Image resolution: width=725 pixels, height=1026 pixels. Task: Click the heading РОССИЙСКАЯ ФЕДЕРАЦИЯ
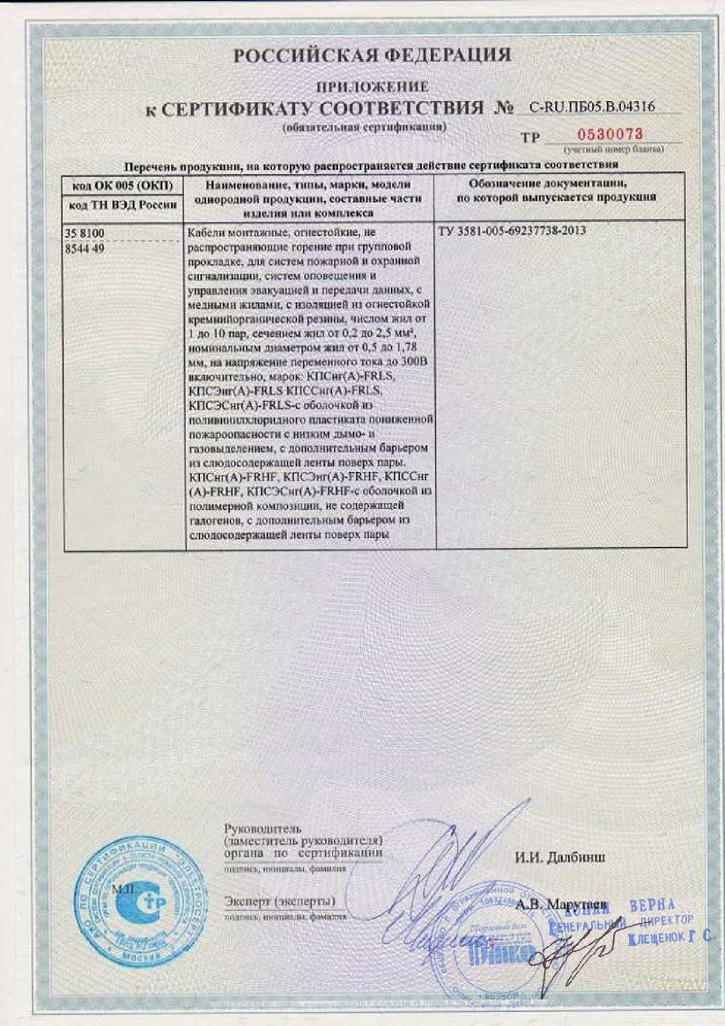[x=372, y=55]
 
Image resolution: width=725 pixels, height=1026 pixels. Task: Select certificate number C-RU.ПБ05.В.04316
[x=592, y=107]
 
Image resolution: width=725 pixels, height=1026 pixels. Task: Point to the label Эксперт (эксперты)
[x=279, y=901]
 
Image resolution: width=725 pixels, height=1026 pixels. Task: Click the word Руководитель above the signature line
[x=251, y=829]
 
